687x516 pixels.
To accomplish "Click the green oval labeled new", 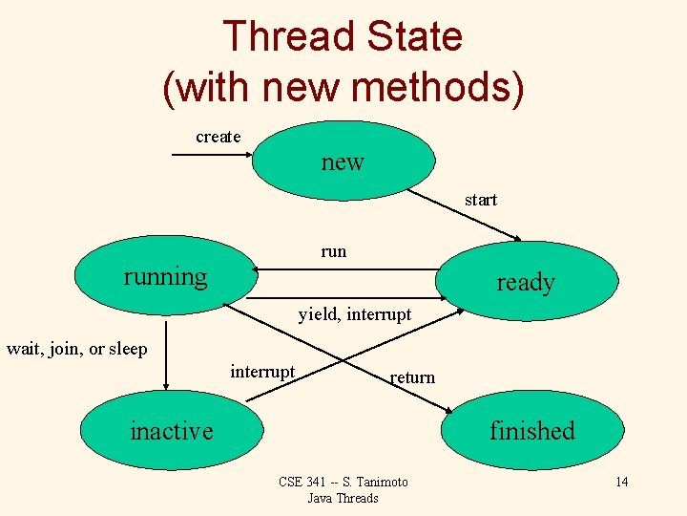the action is coord(343,160).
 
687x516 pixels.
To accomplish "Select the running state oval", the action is coord(166,277).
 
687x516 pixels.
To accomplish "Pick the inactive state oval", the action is coord(172,430).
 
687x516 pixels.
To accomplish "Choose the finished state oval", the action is coord(531,430).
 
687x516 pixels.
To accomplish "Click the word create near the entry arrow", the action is coord(219,137).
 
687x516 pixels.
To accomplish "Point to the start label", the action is coord(481,200).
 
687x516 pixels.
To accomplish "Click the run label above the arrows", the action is coord(334,251).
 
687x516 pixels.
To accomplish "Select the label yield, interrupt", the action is coord(355,313).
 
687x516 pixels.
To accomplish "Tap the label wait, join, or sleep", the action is coord(77,349).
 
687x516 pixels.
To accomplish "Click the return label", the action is coord(412,377).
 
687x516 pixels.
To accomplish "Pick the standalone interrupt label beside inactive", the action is coord(262,371).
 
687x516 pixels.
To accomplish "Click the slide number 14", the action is coord(621,481).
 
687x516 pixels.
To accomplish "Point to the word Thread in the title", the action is coord(278,36).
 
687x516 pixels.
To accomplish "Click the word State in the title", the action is coord(420,36).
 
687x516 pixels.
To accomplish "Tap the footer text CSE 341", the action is coord(302,482).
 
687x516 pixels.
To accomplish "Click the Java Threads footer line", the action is coord(343,498).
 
